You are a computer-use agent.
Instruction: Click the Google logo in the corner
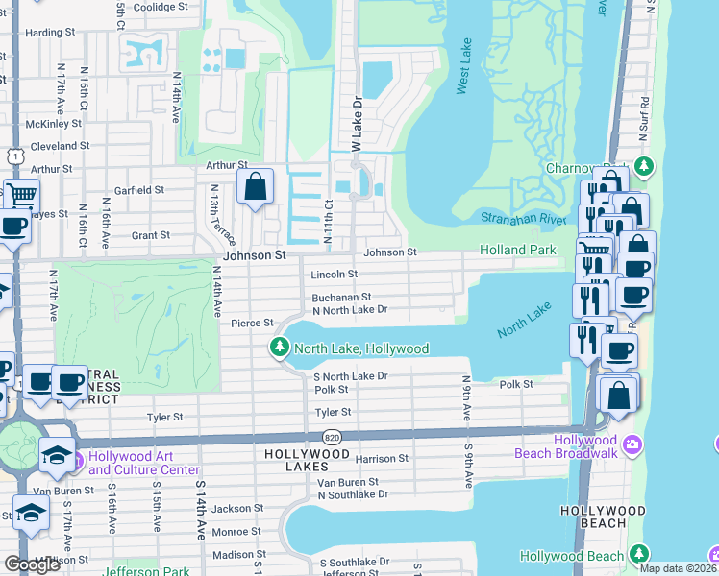(x=32, y=564)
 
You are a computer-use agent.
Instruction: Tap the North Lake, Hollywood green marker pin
(x=281, y=348)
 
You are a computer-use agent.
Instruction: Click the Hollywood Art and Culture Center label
(x=143, y=463)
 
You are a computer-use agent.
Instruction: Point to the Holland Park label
(x=518, y=251)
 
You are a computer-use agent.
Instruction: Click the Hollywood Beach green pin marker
(x=638, y=556)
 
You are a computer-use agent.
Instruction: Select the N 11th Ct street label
(x=328, y=221)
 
